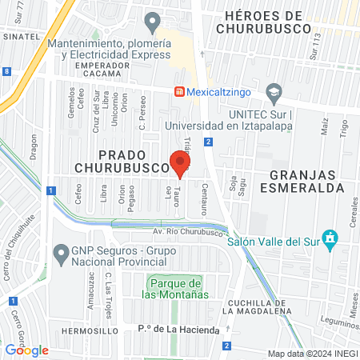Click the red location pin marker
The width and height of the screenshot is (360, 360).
click(180, 163)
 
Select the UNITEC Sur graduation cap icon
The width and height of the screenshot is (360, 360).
click(274, 92)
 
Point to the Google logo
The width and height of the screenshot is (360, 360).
click(27, 350)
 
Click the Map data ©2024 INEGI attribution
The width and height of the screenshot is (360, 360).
click(312, 354)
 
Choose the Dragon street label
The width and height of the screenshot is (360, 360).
click(34, 147)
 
